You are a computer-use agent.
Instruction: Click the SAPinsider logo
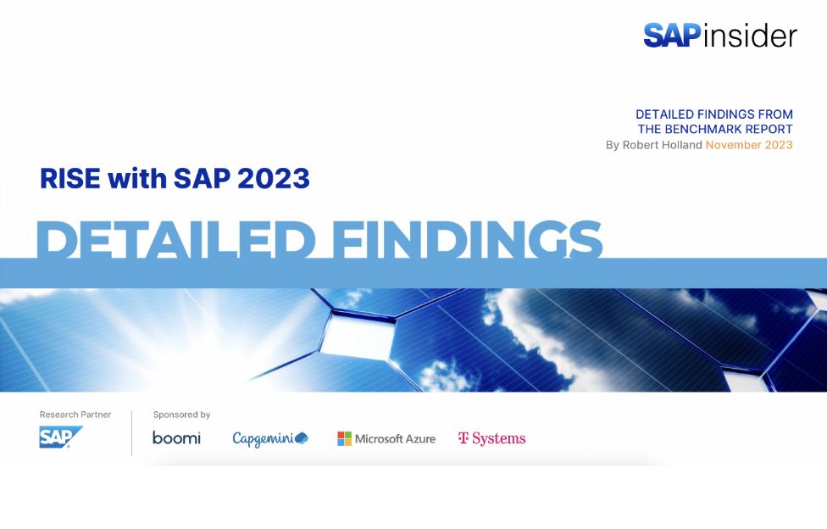coord(719,35)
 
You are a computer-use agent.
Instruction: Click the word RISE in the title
coord(69,179)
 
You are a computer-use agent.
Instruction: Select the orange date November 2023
coord(749,145)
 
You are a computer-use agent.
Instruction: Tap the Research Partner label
coord(75,415)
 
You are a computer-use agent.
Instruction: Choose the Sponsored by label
coord(181,415)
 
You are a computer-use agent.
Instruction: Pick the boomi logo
coord(176,438)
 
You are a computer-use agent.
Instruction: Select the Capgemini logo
coord(269,438)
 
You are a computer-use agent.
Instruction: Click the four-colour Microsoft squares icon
coord(344,438)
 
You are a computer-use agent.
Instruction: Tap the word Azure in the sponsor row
coord(418,439)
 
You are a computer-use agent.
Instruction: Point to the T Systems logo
coord(491,438)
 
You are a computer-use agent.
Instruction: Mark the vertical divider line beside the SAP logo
coord(132,433)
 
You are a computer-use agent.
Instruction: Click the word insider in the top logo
coord(750,36)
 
